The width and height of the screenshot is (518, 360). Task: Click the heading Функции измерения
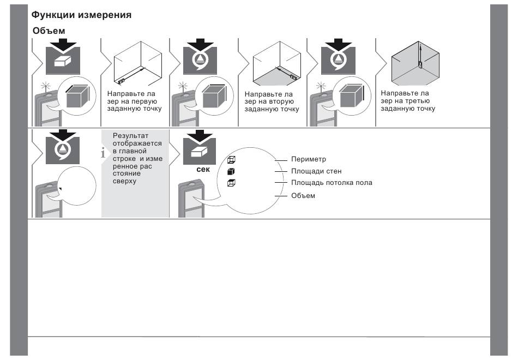pos(81,15)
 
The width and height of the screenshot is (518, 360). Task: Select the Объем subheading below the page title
pos(49,31)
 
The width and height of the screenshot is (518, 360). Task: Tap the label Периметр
pos(308,159)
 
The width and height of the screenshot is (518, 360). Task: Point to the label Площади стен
pos(316,171)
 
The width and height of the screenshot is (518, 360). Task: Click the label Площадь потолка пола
pos(332,183)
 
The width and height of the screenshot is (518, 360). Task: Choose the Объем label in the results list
pos(303,195)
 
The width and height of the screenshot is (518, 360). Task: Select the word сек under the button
pos(203,169)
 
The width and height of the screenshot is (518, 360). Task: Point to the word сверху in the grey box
pos(125,182)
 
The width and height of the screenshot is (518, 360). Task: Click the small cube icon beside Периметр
pos(231,159)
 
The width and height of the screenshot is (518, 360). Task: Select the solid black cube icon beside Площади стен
pos(231,171)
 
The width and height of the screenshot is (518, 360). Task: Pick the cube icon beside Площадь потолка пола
pos(231,183)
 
